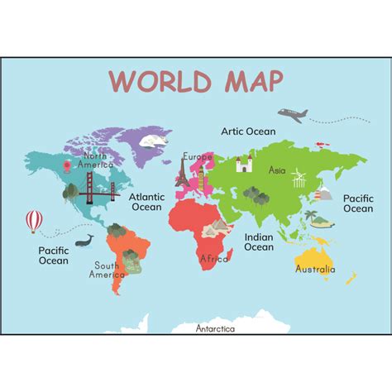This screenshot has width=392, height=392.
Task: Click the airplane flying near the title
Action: (x=292, y=114)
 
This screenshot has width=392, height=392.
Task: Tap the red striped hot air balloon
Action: (x=34, y=220)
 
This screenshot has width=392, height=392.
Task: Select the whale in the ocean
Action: (x=84, y=241)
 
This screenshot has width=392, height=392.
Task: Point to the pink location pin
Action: (x=66, y=165)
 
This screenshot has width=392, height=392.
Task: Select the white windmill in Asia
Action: (x=299, y=178)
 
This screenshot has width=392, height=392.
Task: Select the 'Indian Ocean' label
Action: (x=259, y=241)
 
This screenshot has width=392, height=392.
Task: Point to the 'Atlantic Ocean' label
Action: (x=147, y=201)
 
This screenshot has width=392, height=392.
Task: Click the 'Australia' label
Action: (x=315, y=269)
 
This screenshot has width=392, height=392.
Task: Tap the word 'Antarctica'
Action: (x=215, y=328)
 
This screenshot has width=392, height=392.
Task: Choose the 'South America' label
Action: (x=107, y=270)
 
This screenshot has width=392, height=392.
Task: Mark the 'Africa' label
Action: (x=213, y=258)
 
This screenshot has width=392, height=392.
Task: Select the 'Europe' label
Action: (x=198, y=156)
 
